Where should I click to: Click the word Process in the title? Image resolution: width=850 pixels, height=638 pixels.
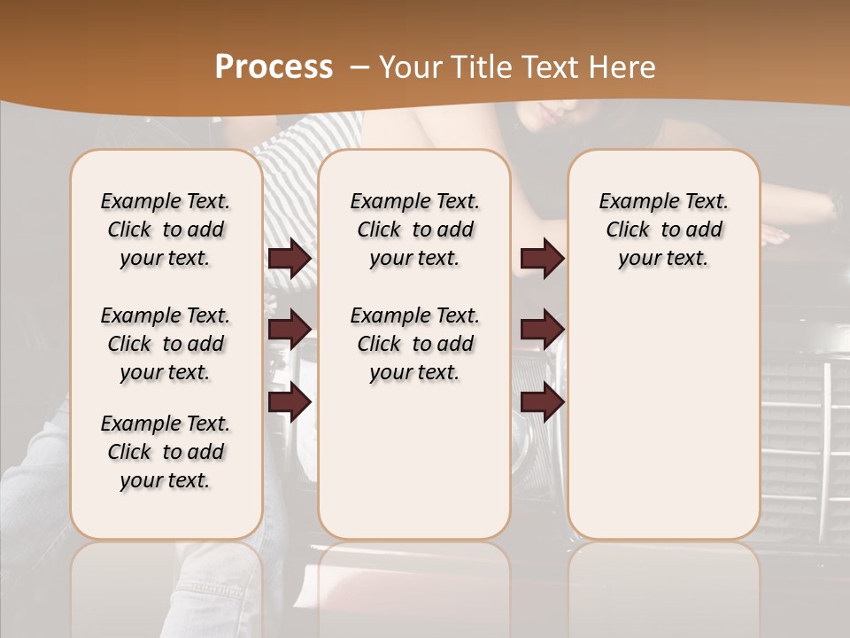point(274,66)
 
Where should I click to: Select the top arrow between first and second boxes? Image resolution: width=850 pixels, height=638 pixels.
point(290,259)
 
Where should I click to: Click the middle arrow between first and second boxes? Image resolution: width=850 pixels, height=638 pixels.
point(290,331)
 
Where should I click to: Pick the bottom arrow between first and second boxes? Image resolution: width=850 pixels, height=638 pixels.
point(290,402)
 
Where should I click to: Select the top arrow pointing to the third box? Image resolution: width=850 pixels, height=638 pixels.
point(542,259)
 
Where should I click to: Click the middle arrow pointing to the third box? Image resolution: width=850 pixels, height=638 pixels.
point(542,331)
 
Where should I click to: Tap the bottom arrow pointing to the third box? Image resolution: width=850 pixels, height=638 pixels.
point(542,402)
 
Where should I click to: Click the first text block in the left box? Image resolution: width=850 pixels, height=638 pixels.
point(166,230)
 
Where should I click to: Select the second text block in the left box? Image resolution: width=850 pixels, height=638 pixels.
point(166,344)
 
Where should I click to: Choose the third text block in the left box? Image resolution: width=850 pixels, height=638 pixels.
point(166,452)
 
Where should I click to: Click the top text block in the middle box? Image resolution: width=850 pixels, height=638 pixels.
point(414,230)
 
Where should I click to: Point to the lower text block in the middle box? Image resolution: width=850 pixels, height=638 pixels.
point(414,344)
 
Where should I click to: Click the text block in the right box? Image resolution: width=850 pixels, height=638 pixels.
point(663,230)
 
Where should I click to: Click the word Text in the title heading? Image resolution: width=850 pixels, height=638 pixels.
point(552,66)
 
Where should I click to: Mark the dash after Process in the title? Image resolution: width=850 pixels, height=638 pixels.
point(359,66)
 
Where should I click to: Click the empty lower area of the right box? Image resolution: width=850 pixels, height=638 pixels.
point(663,416)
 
